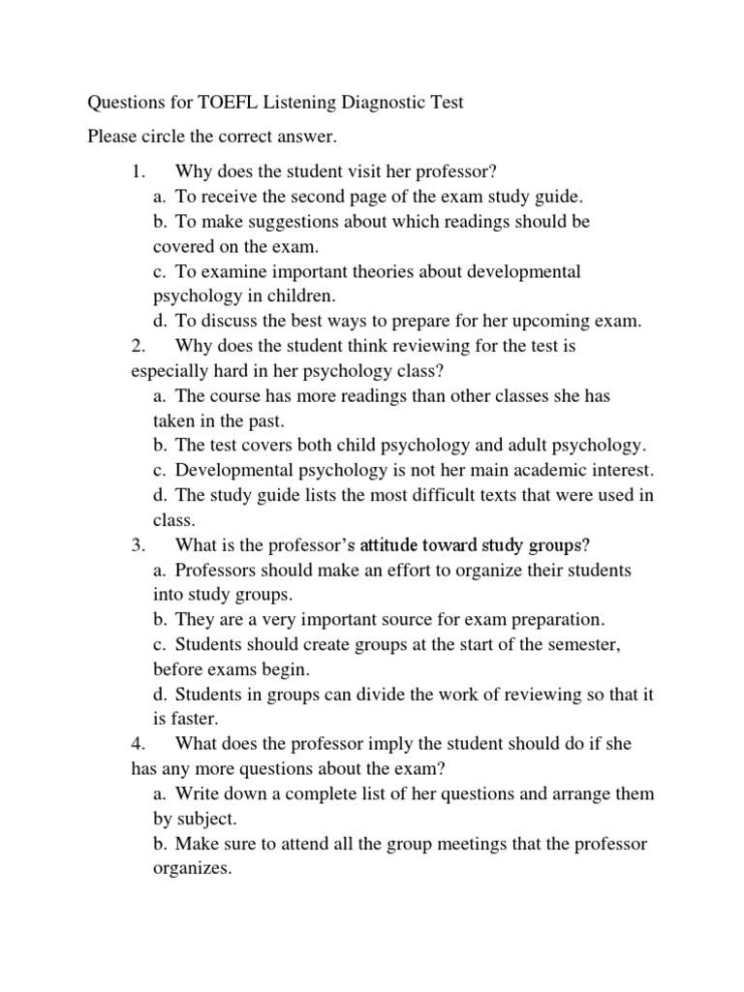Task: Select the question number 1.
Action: point(137,171)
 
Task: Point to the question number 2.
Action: point(137,346)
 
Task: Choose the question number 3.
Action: point(137,545)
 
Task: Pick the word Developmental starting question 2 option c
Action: point(236,471)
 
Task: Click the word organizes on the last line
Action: point(192,869)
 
